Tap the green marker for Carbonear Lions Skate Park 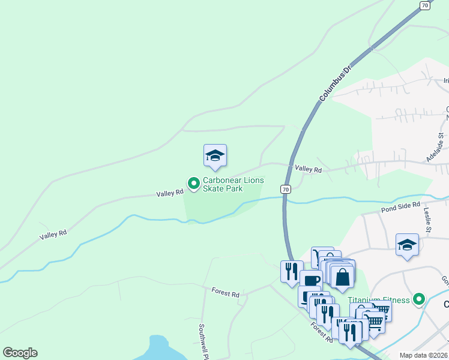click(x=194, y=183)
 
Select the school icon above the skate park click(x=215, y=156)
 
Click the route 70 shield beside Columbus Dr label click(x=425, y=5)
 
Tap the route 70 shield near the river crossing click(x=286, y=189)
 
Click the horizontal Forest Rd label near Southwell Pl click(x=226, y=293)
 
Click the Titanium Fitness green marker click(x=420, y=299)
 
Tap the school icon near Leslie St click(x=407, y=245)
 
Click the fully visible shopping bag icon click(x=342, y=278)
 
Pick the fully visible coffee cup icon click(x=310, y=280)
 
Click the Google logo click(x=20, y=353)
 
